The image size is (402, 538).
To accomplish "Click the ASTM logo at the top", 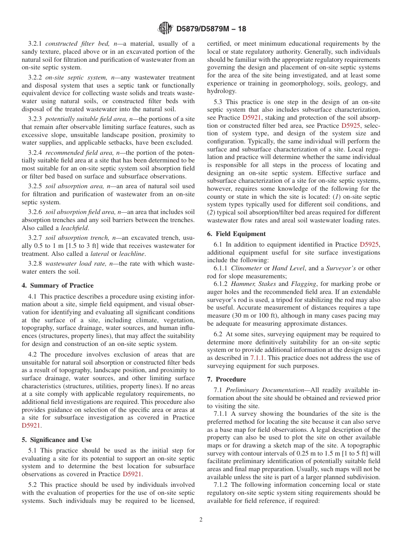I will pyautogui.click(x=165, y=28).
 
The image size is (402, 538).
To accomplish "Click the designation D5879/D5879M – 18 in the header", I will pyautogui.click(x=211, y=29).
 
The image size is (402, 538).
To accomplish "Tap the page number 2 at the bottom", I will pyautogui.click(x=201, y=520).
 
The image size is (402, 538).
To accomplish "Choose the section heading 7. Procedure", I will pyautogui.click(x=226, y=379).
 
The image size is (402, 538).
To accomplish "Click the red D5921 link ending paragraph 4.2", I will pyautogui.click(x=31, y=426).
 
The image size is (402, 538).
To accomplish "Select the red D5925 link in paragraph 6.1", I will pyautogui.click(x=369, y=244).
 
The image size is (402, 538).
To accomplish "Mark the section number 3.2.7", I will pyautogui.click(x=36, y=238).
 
